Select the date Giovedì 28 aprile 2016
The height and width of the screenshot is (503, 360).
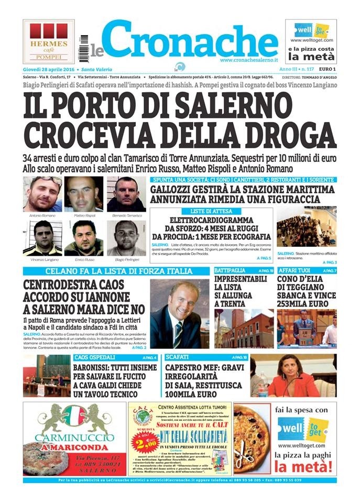[48, 69]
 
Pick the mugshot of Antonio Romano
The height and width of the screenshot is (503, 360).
[42, 193]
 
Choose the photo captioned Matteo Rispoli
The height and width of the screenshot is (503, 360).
[84, 193]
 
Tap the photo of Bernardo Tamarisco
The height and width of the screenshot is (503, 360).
[126, 193]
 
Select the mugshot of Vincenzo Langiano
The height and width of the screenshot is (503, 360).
[42, 237]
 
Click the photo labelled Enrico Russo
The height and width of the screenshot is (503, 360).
[84, 237]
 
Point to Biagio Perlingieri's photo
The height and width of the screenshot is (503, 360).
[126, 237]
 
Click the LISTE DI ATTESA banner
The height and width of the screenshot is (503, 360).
[211, 211]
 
